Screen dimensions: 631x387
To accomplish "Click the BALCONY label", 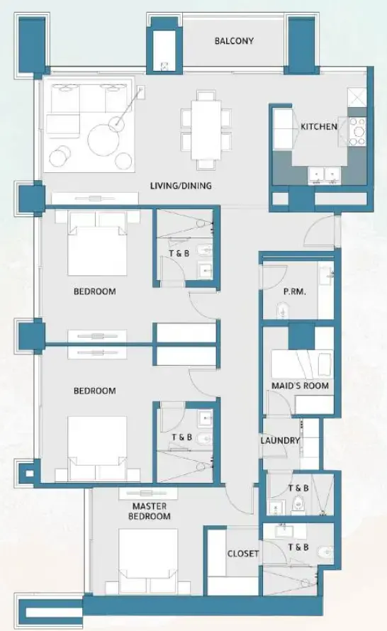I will coord(234,41).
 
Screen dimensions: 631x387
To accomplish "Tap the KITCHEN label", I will coord(319,127).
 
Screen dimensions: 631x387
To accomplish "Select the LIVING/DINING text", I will coord(181,186).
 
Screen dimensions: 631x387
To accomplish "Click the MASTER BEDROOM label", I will coord(150,511).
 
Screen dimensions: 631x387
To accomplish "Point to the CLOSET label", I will coord(243,554).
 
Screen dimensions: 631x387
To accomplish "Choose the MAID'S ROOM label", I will coord(301,386).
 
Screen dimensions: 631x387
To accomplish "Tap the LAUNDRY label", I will coord(281,440).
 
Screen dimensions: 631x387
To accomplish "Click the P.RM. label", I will coord(294,291).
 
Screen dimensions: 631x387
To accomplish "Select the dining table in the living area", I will coord(206,127).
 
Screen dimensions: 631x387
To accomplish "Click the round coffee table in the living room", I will coord(103,139).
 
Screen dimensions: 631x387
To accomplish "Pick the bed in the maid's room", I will coord(301,365).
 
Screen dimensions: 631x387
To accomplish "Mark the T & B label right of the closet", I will coord(298,547).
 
